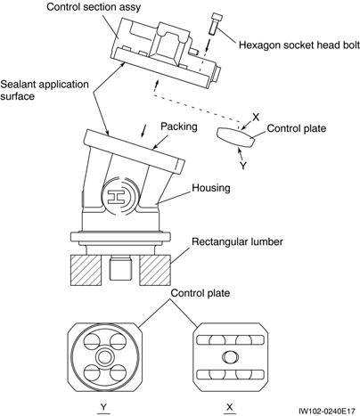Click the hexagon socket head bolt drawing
coord(214,23)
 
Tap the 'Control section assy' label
coord(94,7)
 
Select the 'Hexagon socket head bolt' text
coord(299,45)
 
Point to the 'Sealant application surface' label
coord(45,90)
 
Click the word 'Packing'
coord(179,126)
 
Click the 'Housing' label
coord(211,188)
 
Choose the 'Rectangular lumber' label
coord(237,241)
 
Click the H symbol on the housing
coord(115,197)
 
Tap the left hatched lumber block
coord(86,270)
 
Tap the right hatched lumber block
coord(155,270)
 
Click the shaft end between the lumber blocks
coord(120,269)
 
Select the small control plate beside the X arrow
coord(235,137)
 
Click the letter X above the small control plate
coord(256,118)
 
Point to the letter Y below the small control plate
coord(243,165)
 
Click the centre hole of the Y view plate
coord(104,356)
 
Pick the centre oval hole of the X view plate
coord(230,356)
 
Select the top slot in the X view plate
coord(231,340)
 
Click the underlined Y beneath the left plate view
coord(103,407)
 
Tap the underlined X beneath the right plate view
coord(230,407)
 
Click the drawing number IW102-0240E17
coord(327,411)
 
